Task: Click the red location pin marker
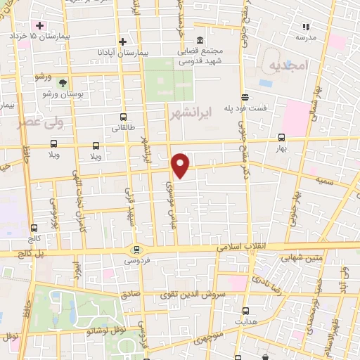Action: coord(181,165)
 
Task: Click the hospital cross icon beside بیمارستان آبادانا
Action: coord(123,41)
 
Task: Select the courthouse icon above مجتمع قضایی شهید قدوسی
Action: coord(202,39)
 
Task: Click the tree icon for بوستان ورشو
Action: coord(63,83)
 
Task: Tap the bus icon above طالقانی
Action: coord(124,117)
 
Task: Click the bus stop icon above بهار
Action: coord(281,138)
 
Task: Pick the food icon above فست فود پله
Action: coord(245,98)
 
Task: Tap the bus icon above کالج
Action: coord(34,228)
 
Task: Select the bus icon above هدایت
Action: coord(245,310)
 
